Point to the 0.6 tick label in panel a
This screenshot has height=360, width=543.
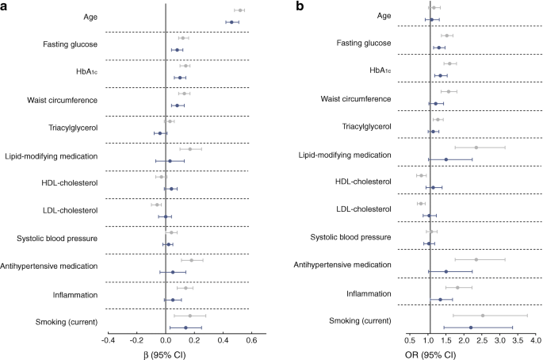250,340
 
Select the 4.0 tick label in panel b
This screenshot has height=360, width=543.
535,340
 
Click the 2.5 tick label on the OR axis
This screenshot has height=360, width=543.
482,340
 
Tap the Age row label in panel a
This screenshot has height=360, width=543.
85,17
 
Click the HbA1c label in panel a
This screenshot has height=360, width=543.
85,72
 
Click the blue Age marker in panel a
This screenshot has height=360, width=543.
231,22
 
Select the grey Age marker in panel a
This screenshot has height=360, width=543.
239,10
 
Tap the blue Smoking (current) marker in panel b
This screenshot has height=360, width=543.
471,327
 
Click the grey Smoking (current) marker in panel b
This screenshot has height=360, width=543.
482,316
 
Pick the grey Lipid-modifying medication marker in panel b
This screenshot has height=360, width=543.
476,147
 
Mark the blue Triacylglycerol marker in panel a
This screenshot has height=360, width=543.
160,133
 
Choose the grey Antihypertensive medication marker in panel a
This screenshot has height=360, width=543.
192,260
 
